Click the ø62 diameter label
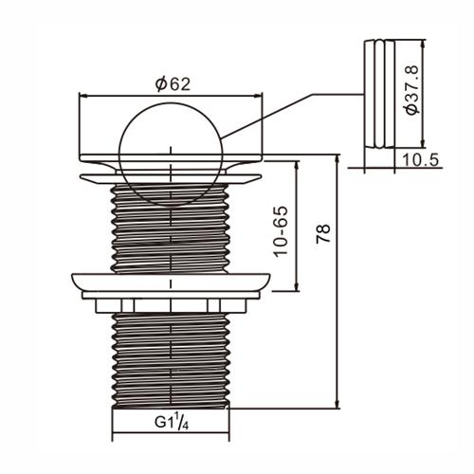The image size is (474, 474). click(173, 84)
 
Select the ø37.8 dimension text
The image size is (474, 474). click(412, 89)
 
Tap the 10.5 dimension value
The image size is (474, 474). click(420, 160)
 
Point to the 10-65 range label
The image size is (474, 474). click(281, 231)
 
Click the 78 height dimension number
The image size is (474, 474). click(323, 233)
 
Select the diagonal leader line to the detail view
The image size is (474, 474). click(267, 116)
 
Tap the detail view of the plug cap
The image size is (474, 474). click(379, 94)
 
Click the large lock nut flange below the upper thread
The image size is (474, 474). click(171, 283)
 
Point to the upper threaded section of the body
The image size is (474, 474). click(171, 228)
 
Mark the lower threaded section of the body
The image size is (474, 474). click(171, 360)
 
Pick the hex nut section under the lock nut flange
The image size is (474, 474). click(171, 305)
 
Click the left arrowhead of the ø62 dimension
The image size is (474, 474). click(82, 95)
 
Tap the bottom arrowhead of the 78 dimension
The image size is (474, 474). click(338, 404)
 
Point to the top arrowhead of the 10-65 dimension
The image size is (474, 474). click(297, 165)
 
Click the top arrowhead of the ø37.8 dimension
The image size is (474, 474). click(423, 45)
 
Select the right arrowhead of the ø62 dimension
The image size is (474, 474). click(259, 95)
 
